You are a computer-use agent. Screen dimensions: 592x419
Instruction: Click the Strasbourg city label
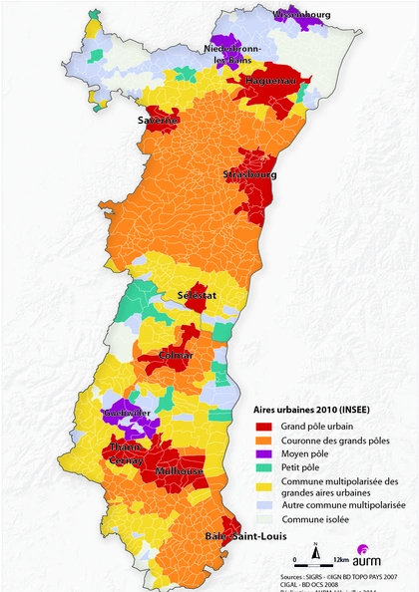[x=249, y=174]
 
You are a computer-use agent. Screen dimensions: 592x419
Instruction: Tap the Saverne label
[x=159, y=121]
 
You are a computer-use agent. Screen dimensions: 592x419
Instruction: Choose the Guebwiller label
[x=127, y=414]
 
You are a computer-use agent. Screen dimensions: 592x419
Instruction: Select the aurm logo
[x=366, y=558]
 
